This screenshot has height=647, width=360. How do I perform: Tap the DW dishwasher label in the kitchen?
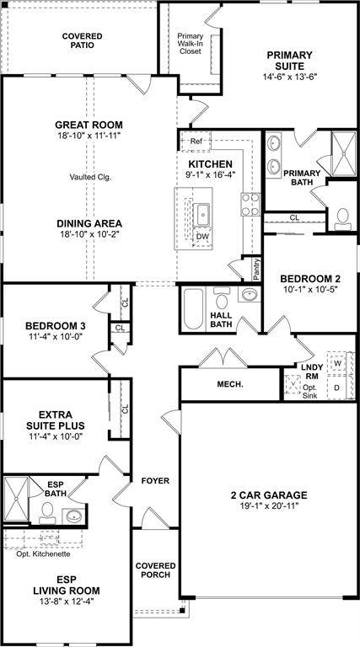coord(202,237)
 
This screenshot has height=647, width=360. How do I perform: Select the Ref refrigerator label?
coord(196,141)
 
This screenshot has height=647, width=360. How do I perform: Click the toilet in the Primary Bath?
coord(341,218)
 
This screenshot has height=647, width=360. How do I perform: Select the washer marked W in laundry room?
coord(337,364)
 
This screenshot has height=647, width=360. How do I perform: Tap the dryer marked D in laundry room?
coord(337,387)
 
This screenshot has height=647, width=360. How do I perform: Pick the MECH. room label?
coord(231,384)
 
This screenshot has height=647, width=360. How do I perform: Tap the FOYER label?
coord(155,481)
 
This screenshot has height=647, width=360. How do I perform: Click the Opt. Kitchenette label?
coord(43,553)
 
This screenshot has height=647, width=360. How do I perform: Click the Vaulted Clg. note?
coord(91,178)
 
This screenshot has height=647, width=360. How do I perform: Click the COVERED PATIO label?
coord(83,40)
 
